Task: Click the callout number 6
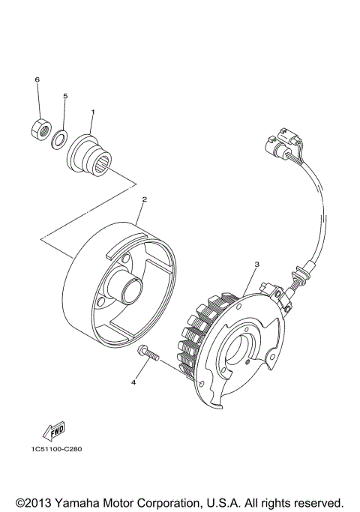click(x=36, y=79)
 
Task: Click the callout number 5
click(x=65, y=96)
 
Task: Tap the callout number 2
click(x=143, y=200)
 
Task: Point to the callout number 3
click(x=256, y=265)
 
